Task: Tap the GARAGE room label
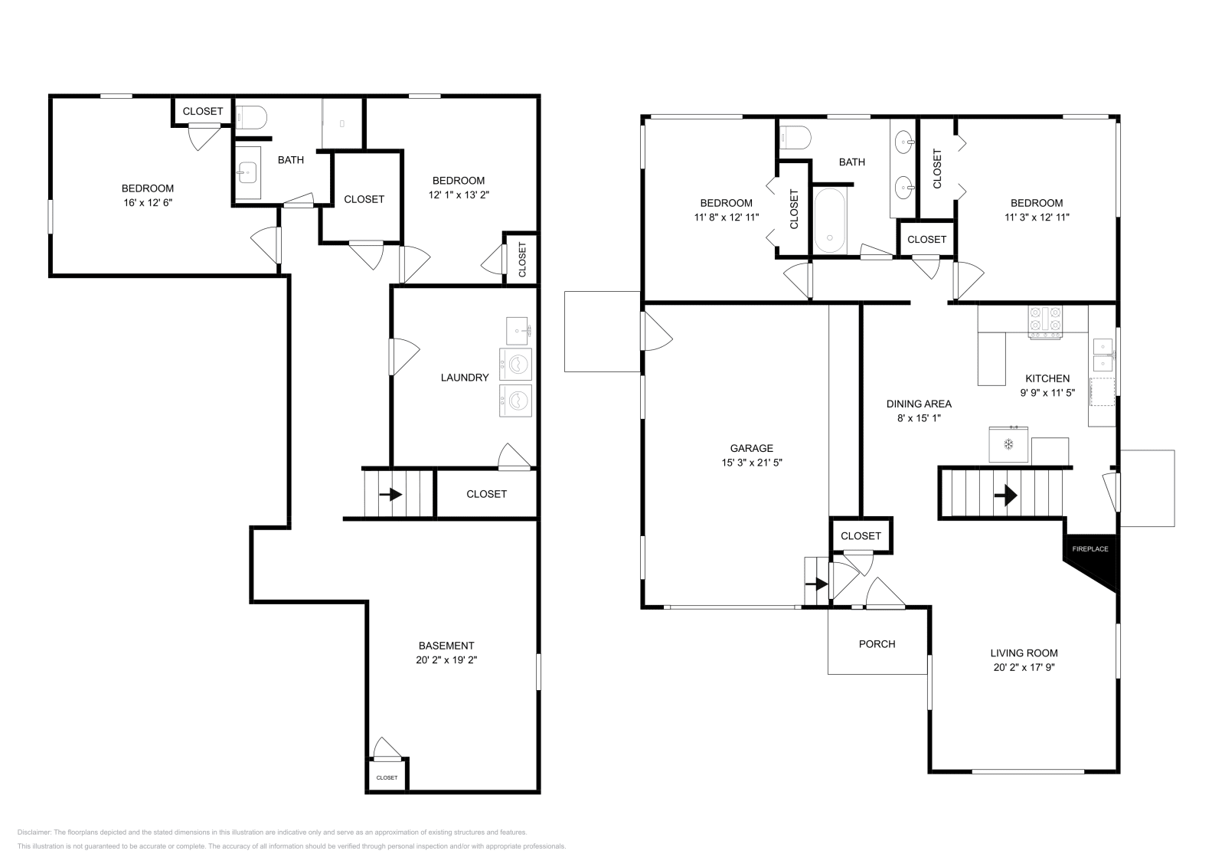(x=751, y=449)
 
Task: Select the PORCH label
(x=877, y=644)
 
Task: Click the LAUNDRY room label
(x=464, y=378)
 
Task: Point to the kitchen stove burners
(x=1045, y=321)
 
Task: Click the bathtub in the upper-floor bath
(x=830, y=221)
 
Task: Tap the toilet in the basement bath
(x=251, y=117)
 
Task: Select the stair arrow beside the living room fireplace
(x=1005, y=496)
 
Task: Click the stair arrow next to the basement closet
(x=390, y=495)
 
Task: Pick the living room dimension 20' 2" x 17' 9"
(x=1024, y=667)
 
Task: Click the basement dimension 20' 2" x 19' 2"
(x=446, y=659)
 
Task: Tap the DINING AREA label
(x=919, y=404)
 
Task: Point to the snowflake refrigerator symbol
(x=1008, y=444)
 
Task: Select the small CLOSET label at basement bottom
(x=387, y=778)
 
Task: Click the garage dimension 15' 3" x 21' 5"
(x=751, y=463)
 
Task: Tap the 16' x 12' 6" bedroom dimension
(x=148, y=202)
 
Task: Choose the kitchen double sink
(x=1102, y=355)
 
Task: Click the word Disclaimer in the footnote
(x=34, y=832)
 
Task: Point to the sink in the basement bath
(x=247, y=173)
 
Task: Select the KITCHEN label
(x=1047, y=378)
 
